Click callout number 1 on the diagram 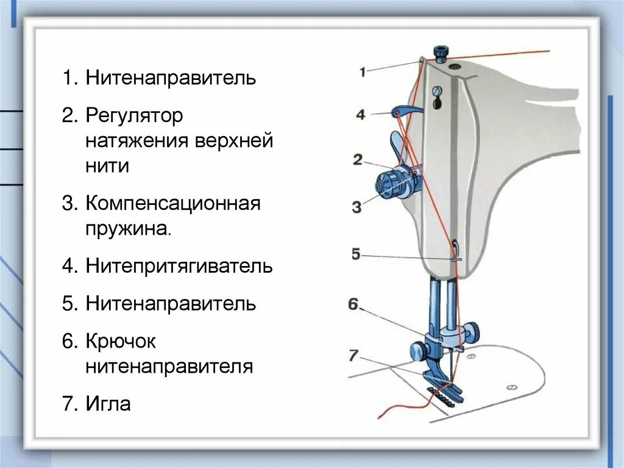pos(363,72)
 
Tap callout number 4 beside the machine pos(361,114)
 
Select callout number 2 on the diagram pos(357,160)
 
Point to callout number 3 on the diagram pos(356,207)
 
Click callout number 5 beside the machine pos(356,254)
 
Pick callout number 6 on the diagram pos(353,304)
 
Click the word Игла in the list pos(108,404)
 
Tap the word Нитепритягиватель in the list pos(179,267)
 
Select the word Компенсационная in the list pos(173,203)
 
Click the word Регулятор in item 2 pos(134,115)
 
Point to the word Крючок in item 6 pos(121,341)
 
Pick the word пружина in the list pos(127,229)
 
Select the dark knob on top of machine pos(439,52)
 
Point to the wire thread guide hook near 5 pos(455,253)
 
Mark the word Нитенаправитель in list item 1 pos(171,78)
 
